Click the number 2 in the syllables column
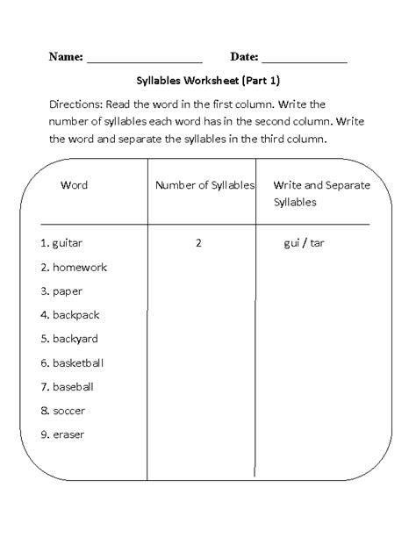(x=199, y=242)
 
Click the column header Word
(x=75, y=185)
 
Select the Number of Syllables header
(x=204, y=185)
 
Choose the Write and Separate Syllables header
(x=310, y=193)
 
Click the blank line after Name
(x=145, y=61)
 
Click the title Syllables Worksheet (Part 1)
(x=207, y=82)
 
